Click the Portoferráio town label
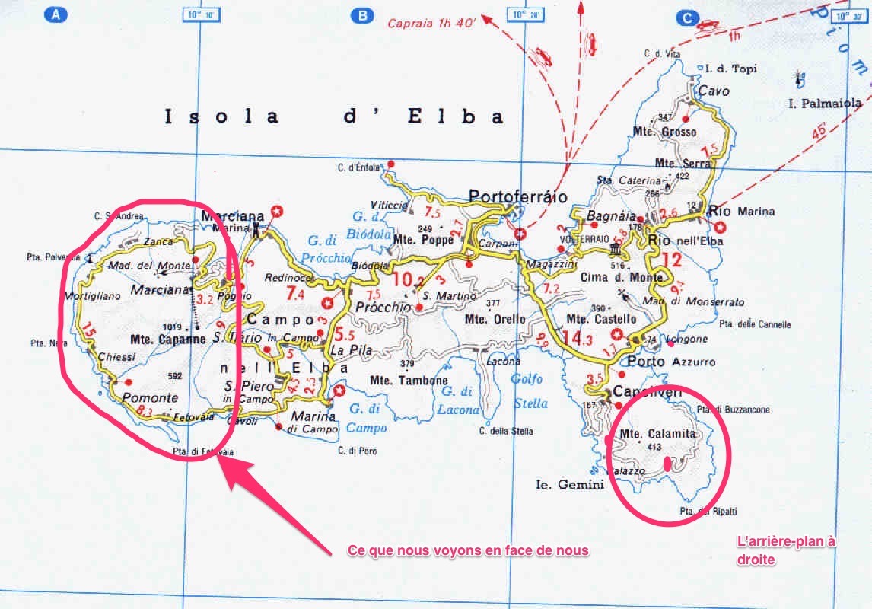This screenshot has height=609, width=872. [518, 196]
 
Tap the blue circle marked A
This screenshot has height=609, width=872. [55, 14]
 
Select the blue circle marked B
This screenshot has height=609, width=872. [364, 14]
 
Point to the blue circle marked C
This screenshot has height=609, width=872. [688, 18]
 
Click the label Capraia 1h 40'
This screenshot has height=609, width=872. [431, 23]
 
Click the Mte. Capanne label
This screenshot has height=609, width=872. [167, 340]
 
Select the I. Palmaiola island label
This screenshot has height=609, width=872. [826, 103]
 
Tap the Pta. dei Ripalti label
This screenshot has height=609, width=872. [708, 512]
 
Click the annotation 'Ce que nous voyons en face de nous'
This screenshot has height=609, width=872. [467, 550]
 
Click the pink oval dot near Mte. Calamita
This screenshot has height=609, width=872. [667, 462]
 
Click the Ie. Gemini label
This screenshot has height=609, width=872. [569, 484]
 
